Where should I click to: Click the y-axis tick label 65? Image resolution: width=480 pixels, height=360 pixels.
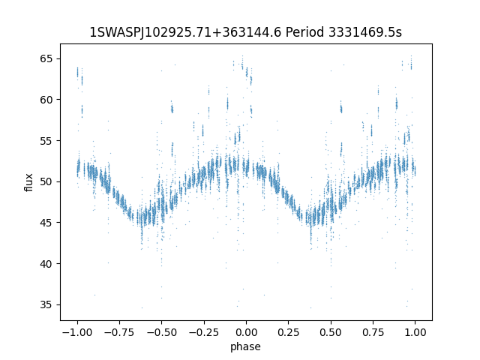46,58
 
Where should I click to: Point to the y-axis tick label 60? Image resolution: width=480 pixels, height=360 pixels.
46,100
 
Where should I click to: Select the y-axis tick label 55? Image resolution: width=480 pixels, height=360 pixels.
46,141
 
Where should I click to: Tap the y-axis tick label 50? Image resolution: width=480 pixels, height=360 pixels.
46,181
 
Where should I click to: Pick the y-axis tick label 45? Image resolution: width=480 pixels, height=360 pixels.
46,223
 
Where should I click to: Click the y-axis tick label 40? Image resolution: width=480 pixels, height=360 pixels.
46,264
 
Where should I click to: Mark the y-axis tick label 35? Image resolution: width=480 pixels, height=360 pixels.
46,305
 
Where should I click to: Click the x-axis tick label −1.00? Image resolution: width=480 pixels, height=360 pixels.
77,332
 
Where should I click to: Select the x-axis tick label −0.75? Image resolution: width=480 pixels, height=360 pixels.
119,332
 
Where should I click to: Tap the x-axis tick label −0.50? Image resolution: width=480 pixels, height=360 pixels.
162,332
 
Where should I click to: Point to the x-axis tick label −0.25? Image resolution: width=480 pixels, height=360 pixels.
204,332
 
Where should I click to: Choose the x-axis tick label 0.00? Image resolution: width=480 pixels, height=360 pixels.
246,332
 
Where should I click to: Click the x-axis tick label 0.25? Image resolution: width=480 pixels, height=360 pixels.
288,332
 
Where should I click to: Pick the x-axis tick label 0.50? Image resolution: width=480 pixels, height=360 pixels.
331,332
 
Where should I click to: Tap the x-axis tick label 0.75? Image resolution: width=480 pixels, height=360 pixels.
373,332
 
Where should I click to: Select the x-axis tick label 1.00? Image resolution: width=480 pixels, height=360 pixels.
415,332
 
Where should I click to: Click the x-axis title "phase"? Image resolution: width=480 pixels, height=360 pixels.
245,347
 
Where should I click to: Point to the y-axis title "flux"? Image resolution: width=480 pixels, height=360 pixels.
28,182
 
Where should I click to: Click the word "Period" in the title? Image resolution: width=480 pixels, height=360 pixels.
304,32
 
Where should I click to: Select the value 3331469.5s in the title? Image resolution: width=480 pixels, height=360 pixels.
365,32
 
